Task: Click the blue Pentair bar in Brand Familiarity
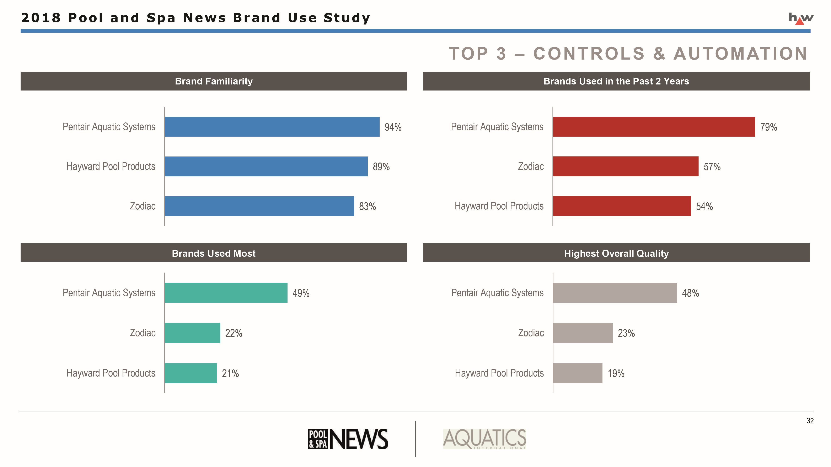272,127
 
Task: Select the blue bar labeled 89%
266,166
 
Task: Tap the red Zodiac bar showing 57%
626,166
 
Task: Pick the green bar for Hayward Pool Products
191,373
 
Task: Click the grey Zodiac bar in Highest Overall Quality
583,333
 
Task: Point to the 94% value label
393,127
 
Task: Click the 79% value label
768,127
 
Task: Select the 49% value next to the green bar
301,293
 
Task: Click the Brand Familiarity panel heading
214,81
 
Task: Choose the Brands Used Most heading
214,253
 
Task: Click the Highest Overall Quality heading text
616,253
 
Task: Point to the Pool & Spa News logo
348,439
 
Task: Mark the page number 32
810,421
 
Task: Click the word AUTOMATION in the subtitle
740,54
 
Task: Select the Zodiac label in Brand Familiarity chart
143,206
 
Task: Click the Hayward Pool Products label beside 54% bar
499,206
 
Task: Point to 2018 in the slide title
41,18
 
